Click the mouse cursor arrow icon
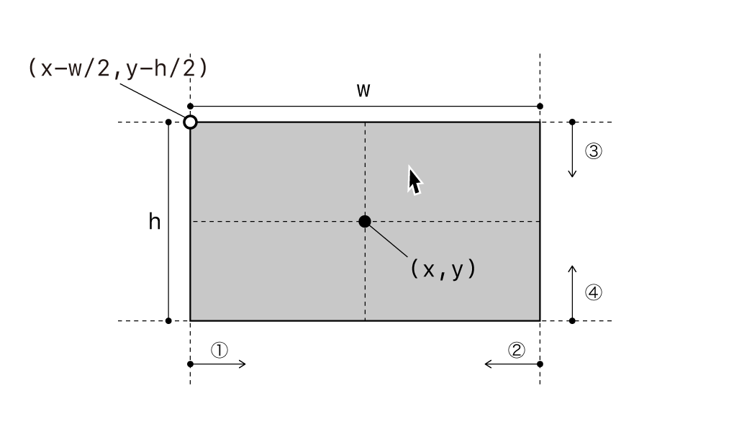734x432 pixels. [414, 181]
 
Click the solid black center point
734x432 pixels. [365, 221]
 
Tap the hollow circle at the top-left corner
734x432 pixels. [190, 122]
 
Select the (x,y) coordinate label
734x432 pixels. [443, 269]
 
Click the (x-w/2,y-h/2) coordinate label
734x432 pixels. [118, 68]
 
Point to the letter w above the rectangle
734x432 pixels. [363, 90]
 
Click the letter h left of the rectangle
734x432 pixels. [155, 221]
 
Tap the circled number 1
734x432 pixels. [219, 350]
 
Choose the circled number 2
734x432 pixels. [517, 350]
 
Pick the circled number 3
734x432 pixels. [594, 151]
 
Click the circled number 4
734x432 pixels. [594, 292]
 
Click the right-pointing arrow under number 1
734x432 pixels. [217, 364]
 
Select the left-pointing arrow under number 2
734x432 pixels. [512, 364]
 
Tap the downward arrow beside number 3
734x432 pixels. [572, 150]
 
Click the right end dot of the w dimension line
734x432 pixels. [540, 107]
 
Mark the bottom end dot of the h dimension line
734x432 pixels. [168, 321]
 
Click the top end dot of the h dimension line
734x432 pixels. [168, 122]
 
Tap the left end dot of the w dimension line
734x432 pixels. [190, 107]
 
